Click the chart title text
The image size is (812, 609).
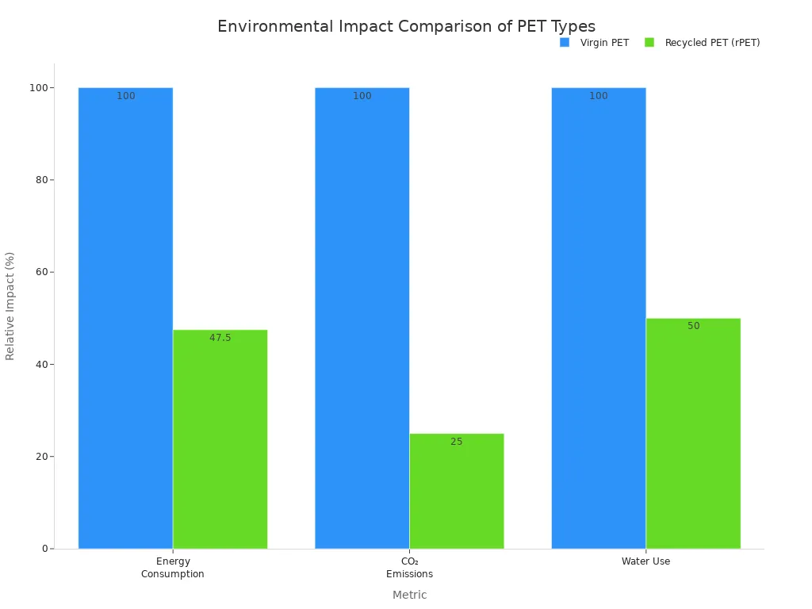click(406, 27)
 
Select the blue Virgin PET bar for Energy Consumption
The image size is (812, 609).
click(125, 317)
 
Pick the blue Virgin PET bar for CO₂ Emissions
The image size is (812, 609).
click(362, 317)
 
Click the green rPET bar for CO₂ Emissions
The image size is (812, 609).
click(456, 491)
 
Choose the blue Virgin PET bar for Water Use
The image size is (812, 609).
click(598, 317)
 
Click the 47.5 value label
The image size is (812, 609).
click(220, 338)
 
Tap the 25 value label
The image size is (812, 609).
click(456, 442)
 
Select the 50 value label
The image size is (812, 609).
click(693, 326)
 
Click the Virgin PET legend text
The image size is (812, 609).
click(604, 43)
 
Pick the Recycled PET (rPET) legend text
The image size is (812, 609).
click(712, 43)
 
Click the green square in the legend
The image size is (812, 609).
click(649, 43)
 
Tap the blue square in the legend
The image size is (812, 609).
click(565, 43)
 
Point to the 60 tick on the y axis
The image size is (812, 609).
click(40, 272)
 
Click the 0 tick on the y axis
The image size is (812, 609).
click(44, 549)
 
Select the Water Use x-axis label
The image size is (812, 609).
click(645, 561)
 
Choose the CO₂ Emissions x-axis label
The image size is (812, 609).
click(409, 568)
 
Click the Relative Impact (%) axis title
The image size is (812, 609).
click(10, 305)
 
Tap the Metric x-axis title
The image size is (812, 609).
click(409, 595)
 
